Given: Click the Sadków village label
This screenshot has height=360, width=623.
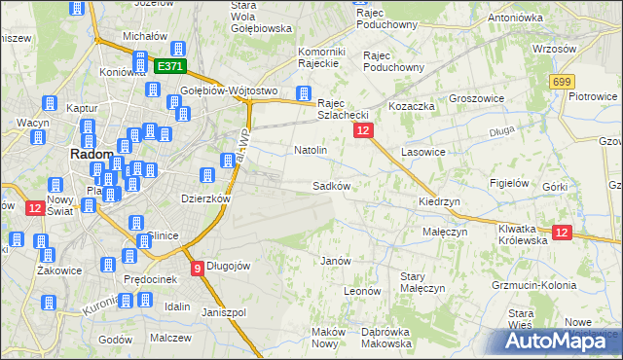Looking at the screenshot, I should pyautogui.click(x=331, y=185).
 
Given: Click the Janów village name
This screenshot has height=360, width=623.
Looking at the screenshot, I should pyautogui.click(x=335, y=261).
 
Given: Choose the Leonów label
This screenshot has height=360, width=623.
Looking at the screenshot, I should pyautogui.click(x=361, y=290).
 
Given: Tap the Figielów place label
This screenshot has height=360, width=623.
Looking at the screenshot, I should pyautogui.click(x=509, y=182).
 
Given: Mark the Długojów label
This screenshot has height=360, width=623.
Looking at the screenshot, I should pyautogui.click(x=229, y=266).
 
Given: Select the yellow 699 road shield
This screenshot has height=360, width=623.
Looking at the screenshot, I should pyautogui.click(x=561, y=84).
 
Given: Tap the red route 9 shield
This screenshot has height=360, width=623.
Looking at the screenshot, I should pyautogui.click(x=198, y=268).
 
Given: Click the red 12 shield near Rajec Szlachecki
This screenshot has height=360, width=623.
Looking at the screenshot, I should pyautogui.click(x=363, y=129).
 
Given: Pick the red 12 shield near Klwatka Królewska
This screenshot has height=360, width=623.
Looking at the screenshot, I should pyautogui.click(x=562, y=232).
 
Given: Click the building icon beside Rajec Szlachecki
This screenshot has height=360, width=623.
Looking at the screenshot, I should pyautogui.click(x=304, y=94).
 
